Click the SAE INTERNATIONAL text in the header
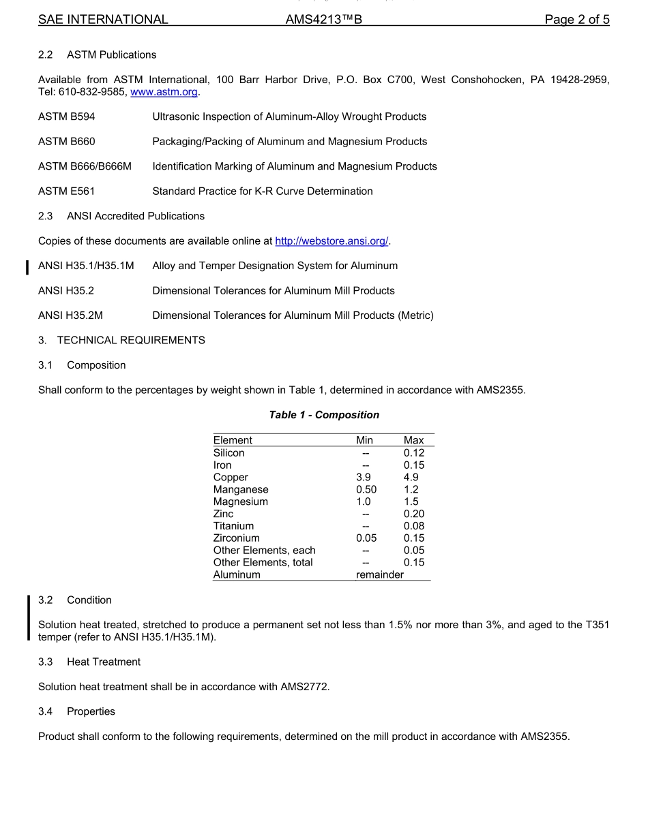tap(103, 20)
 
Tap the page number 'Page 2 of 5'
tap(576, 20)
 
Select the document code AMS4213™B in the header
tap(323, 20)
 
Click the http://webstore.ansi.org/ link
tap(332, 241)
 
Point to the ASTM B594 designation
tap(67, 117)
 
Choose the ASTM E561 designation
tap(67, 191)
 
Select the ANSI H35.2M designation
tap(70, 315)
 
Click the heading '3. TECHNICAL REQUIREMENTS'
tap(121, 340)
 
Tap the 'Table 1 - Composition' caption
tap(324, 415)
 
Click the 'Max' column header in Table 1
tap(413, 440)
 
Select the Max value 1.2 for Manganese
tap(411, 490)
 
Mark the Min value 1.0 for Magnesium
tap(364, 502)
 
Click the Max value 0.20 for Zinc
tap(413, 514)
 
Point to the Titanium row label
tap(233, 527)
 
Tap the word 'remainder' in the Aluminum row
tap(380, 575)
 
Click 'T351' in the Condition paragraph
tap(598, 625)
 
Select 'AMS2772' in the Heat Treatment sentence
tap(304, 687)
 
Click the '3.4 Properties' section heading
tap(76, 711)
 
